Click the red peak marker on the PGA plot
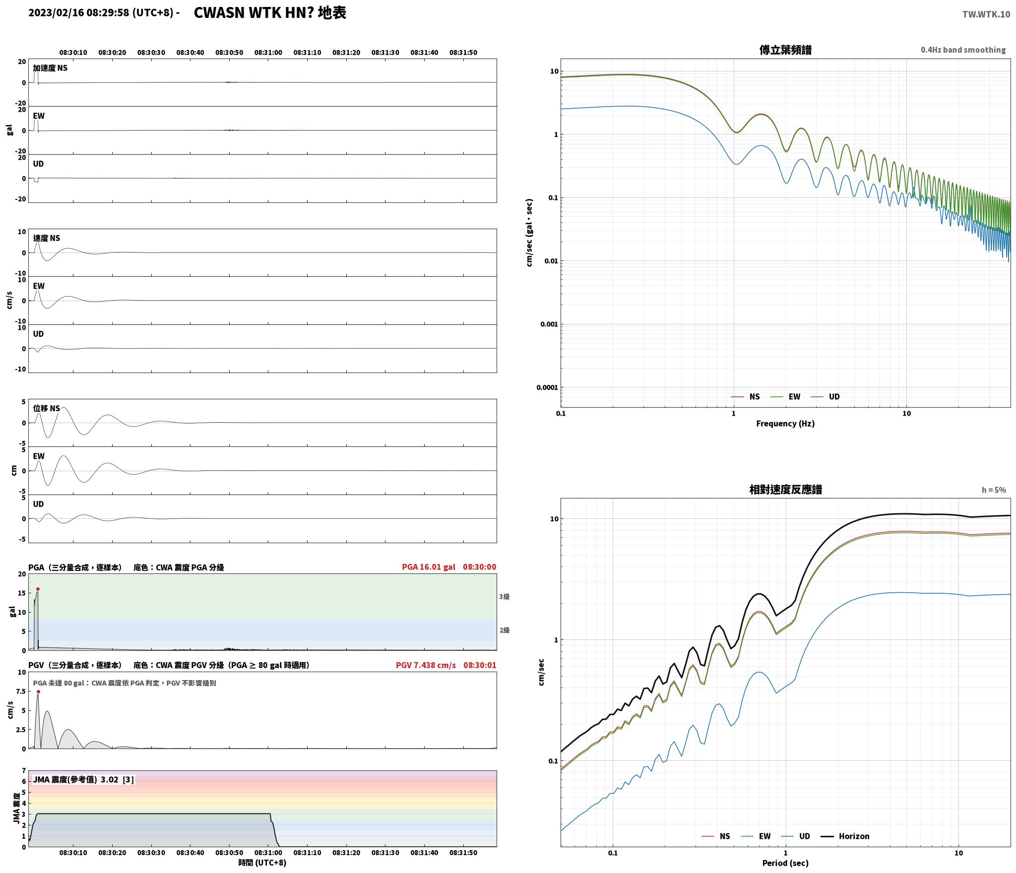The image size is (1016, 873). pyautogui.click(x=38, y=589)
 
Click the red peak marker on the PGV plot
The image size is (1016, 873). pyautogui.click(x=38, y=692)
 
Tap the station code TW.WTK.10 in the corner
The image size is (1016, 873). pyautogui.click(x=986, y=14)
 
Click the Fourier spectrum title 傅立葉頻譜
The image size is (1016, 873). pyautogui.click(x=785, y=50)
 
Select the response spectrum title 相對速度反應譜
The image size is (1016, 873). pyautogui.click(x=785, y=490)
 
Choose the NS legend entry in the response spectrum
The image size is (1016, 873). pyautogui.click(x=716, y=836)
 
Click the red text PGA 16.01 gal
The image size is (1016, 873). pyautogui.click(x=429, y=567)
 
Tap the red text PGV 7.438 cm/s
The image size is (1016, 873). pyautogui.click(x=426, y=665)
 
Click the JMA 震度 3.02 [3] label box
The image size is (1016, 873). pyautogui.click(x=83, y=780)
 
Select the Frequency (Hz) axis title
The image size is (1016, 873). pyautogui.click(x=785, y=424)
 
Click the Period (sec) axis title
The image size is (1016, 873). pyautogui.click(x=785, y=863)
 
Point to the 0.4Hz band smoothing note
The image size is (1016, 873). pyautogui.click(x=963, y=50)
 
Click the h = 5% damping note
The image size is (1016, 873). pyautogui.click(x=994, y=490)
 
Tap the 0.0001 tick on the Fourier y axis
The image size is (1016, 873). pyautogui.click(x=547, y=387)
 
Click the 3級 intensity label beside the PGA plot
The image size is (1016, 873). pyautogui.click(x=505, y=597)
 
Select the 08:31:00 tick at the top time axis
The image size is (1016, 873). pyautogui.click(x=268, y=53)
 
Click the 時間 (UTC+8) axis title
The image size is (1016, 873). pyautogui.click(x=262, y=863)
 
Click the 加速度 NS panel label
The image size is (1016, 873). pyautogui.click(x=50, y=68)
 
